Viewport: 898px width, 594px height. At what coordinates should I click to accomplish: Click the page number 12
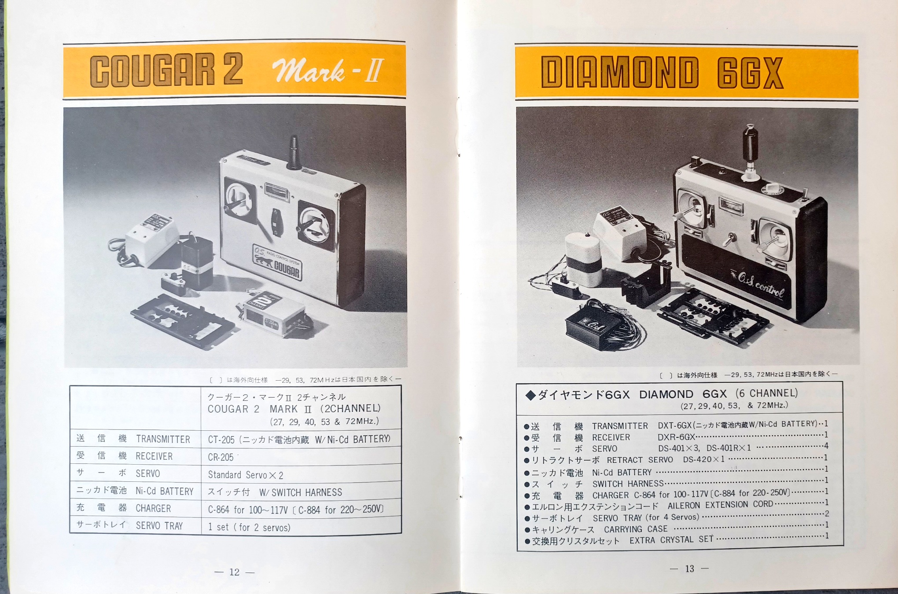[x=234, y=572]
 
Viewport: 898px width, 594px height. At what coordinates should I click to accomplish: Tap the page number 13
[x=689, y=568]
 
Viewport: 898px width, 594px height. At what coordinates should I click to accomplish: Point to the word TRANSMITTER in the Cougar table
[x=163, y=439]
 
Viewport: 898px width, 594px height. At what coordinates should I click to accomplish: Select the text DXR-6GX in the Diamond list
[x=676, y=437]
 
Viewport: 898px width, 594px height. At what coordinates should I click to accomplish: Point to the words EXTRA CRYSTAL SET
[x=671, y=540]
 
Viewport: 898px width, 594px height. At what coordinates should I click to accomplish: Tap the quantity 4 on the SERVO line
[x=826, y=446]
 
